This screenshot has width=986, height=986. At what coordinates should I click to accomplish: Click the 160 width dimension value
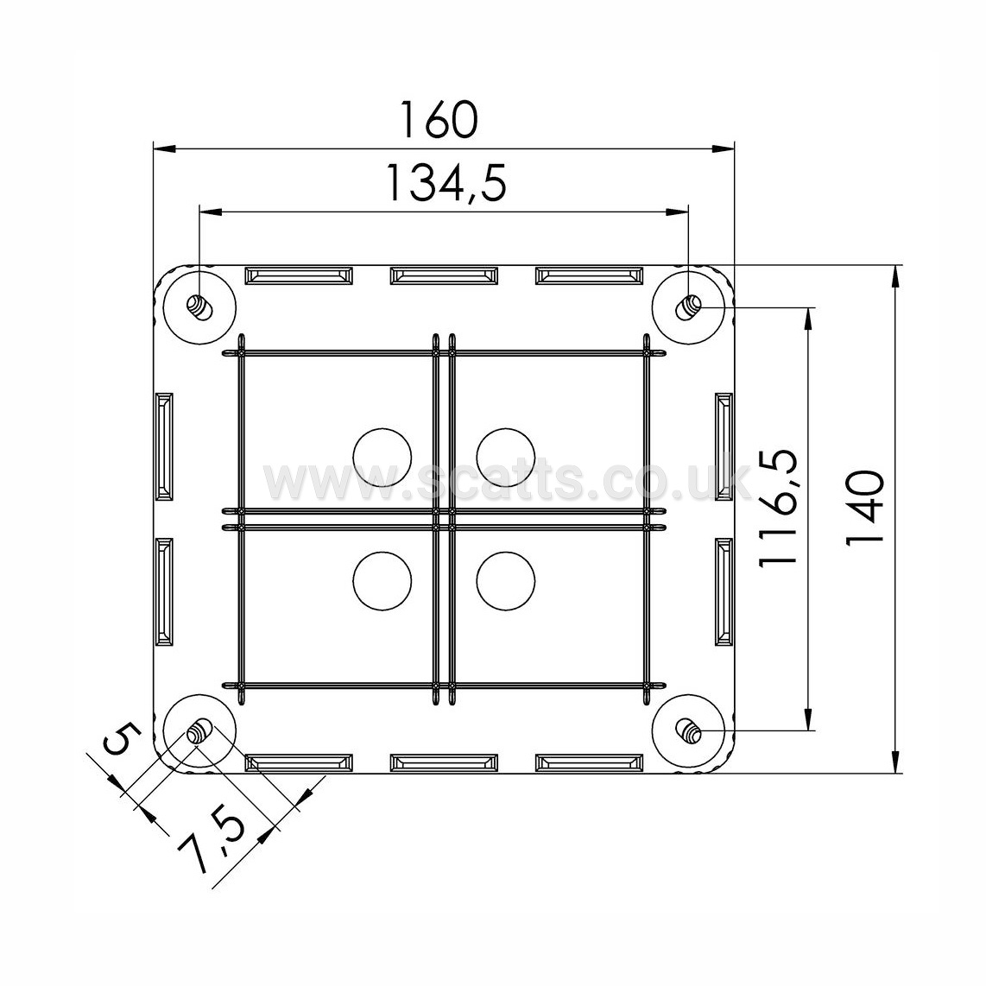pos(439,119)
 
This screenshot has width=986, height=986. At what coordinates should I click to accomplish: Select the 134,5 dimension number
pos(446,182)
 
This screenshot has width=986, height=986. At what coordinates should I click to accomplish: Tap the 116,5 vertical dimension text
pos(779,508)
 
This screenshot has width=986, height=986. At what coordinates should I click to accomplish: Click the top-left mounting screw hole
pos(200,307)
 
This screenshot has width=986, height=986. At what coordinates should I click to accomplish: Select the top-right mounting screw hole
pos(688,307)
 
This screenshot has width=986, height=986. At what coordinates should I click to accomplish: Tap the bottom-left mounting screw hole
pos(200,731)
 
